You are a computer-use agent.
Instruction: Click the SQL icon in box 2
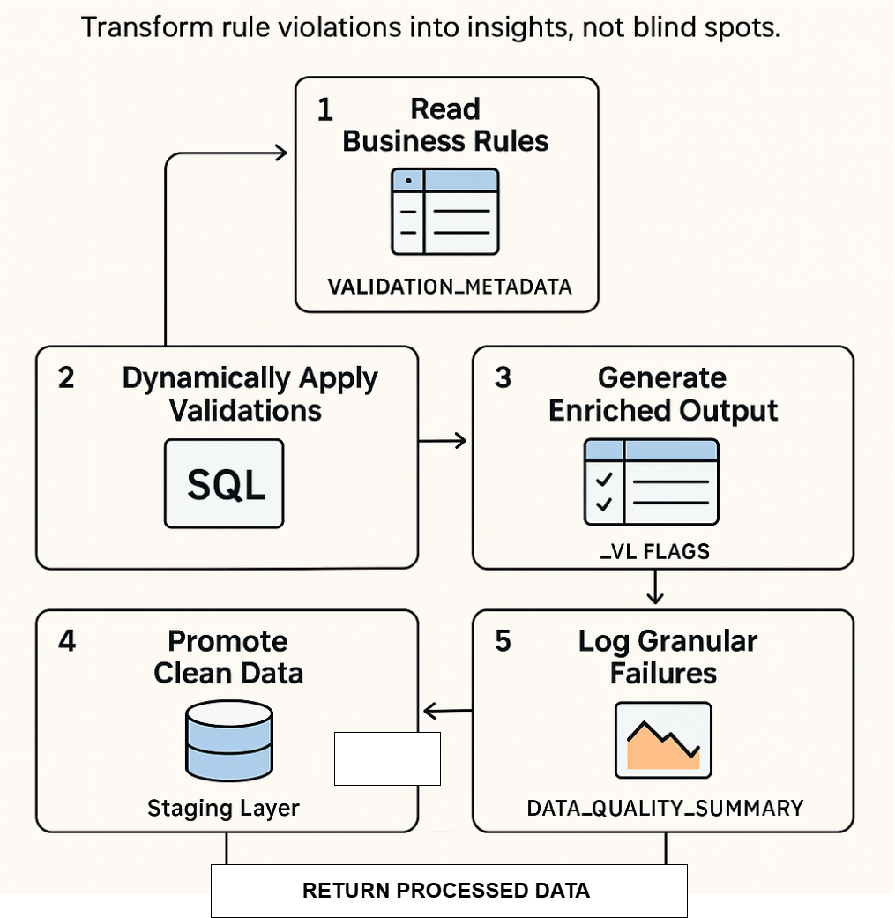pyautogui.click(x=225, y=484)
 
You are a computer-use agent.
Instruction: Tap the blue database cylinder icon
pyautogui.click(x=228, y=742)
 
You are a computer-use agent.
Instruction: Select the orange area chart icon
pyautogui.click(x=663, y=740)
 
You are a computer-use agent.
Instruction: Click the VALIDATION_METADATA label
pyautogui.click(x=449, y=287)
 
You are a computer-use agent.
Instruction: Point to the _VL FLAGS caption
pyautogui.click(x=653, y=552)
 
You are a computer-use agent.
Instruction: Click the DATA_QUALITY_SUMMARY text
pyautogui.click(x=665, y=807)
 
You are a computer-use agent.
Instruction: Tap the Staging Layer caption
pyautogui.click(x=223, y=808)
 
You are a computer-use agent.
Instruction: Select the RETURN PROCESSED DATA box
pyautogui.click(x=448, y=891)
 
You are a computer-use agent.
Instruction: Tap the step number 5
pyautogui.click(x=503, y=641)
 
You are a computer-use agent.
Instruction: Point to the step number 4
pyautogui.click(x=67, y=641)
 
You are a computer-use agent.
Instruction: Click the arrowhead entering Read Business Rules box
pyautogui.click(x=281, y=153)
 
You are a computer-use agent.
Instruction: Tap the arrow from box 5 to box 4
pyautogui.click(x=447, y=711)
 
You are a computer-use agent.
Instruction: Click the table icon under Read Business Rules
pyautogui.click(x=445, y=212)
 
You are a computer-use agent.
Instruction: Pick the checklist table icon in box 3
pyautogui.click(x=652, y=481)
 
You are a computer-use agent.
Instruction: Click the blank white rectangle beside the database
pyautogui.click(x=387, y=758)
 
